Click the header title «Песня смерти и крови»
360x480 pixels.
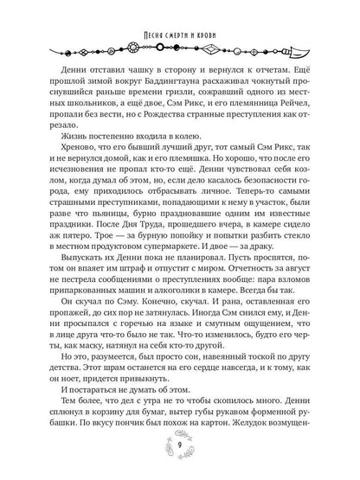pyautogui.click(x=179, y=10)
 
